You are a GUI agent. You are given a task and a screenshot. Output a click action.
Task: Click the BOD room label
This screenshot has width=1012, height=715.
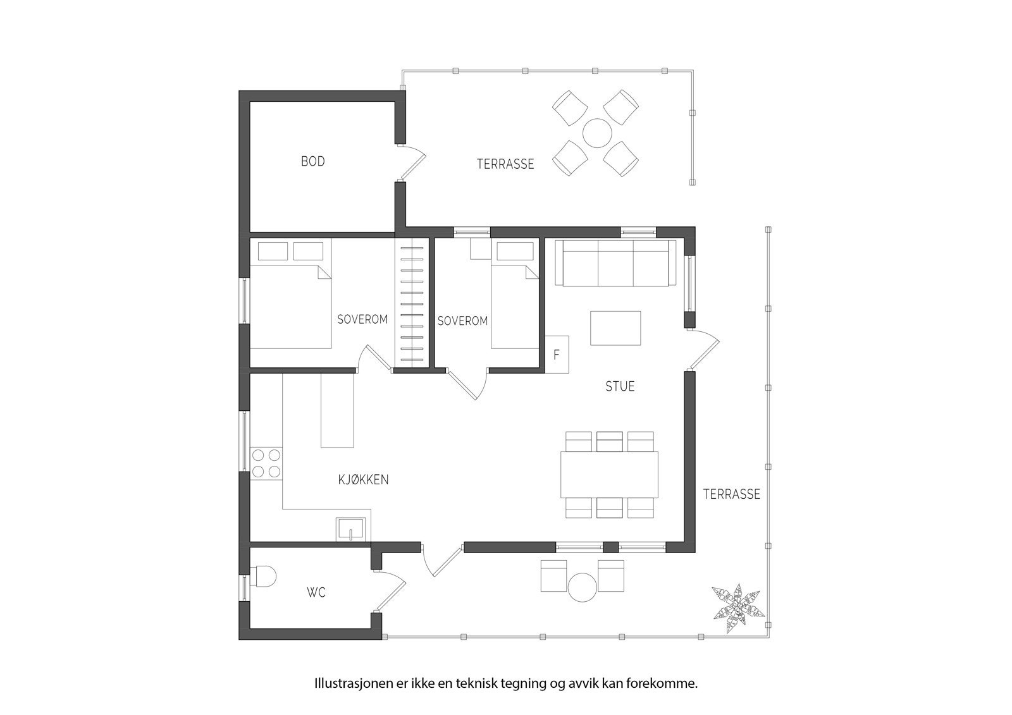point(312,162)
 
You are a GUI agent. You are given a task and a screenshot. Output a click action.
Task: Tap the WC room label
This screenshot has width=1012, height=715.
point(316,592)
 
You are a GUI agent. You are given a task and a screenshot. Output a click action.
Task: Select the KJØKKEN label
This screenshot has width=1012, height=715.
point(363,480)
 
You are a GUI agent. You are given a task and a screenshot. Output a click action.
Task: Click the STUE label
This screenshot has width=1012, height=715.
point(620,386)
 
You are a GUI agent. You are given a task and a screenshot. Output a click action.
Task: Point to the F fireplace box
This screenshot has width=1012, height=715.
point(557,355)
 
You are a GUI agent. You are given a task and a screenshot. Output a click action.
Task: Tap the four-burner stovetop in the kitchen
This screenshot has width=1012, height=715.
point(266,462)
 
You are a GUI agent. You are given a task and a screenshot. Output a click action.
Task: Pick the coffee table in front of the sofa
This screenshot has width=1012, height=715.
point(615,327)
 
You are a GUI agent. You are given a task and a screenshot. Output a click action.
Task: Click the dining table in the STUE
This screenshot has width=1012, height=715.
point(608,474)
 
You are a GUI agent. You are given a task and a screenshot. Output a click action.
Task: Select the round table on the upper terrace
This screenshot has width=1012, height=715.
point(597,133)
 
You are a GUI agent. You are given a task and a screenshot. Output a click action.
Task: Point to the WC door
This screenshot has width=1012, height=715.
point(392,591)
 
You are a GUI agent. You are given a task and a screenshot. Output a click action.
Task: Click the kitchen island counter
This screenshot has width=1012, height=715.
point(336,410)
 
